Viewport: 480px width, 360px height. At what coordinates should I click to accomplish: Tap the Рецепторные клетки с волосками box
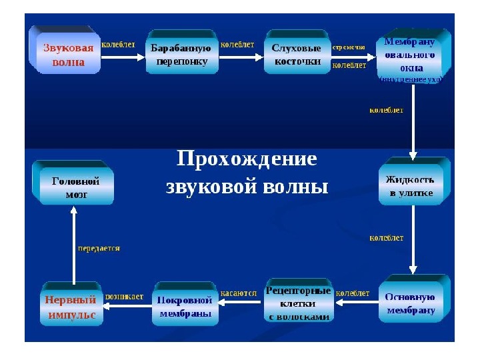click(299, 304)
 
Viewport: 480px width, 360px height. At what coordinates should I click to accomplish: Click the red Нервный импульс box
click(71, 306)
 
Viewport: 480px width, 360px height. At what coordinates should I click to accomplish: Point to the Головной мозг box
click(75, 187)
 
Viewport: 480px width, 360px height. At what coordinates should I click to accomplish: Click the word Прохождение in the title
click(246, 159)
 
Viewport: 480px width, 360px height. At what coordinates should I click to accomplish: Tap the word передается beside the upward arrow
click(99, 248)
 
